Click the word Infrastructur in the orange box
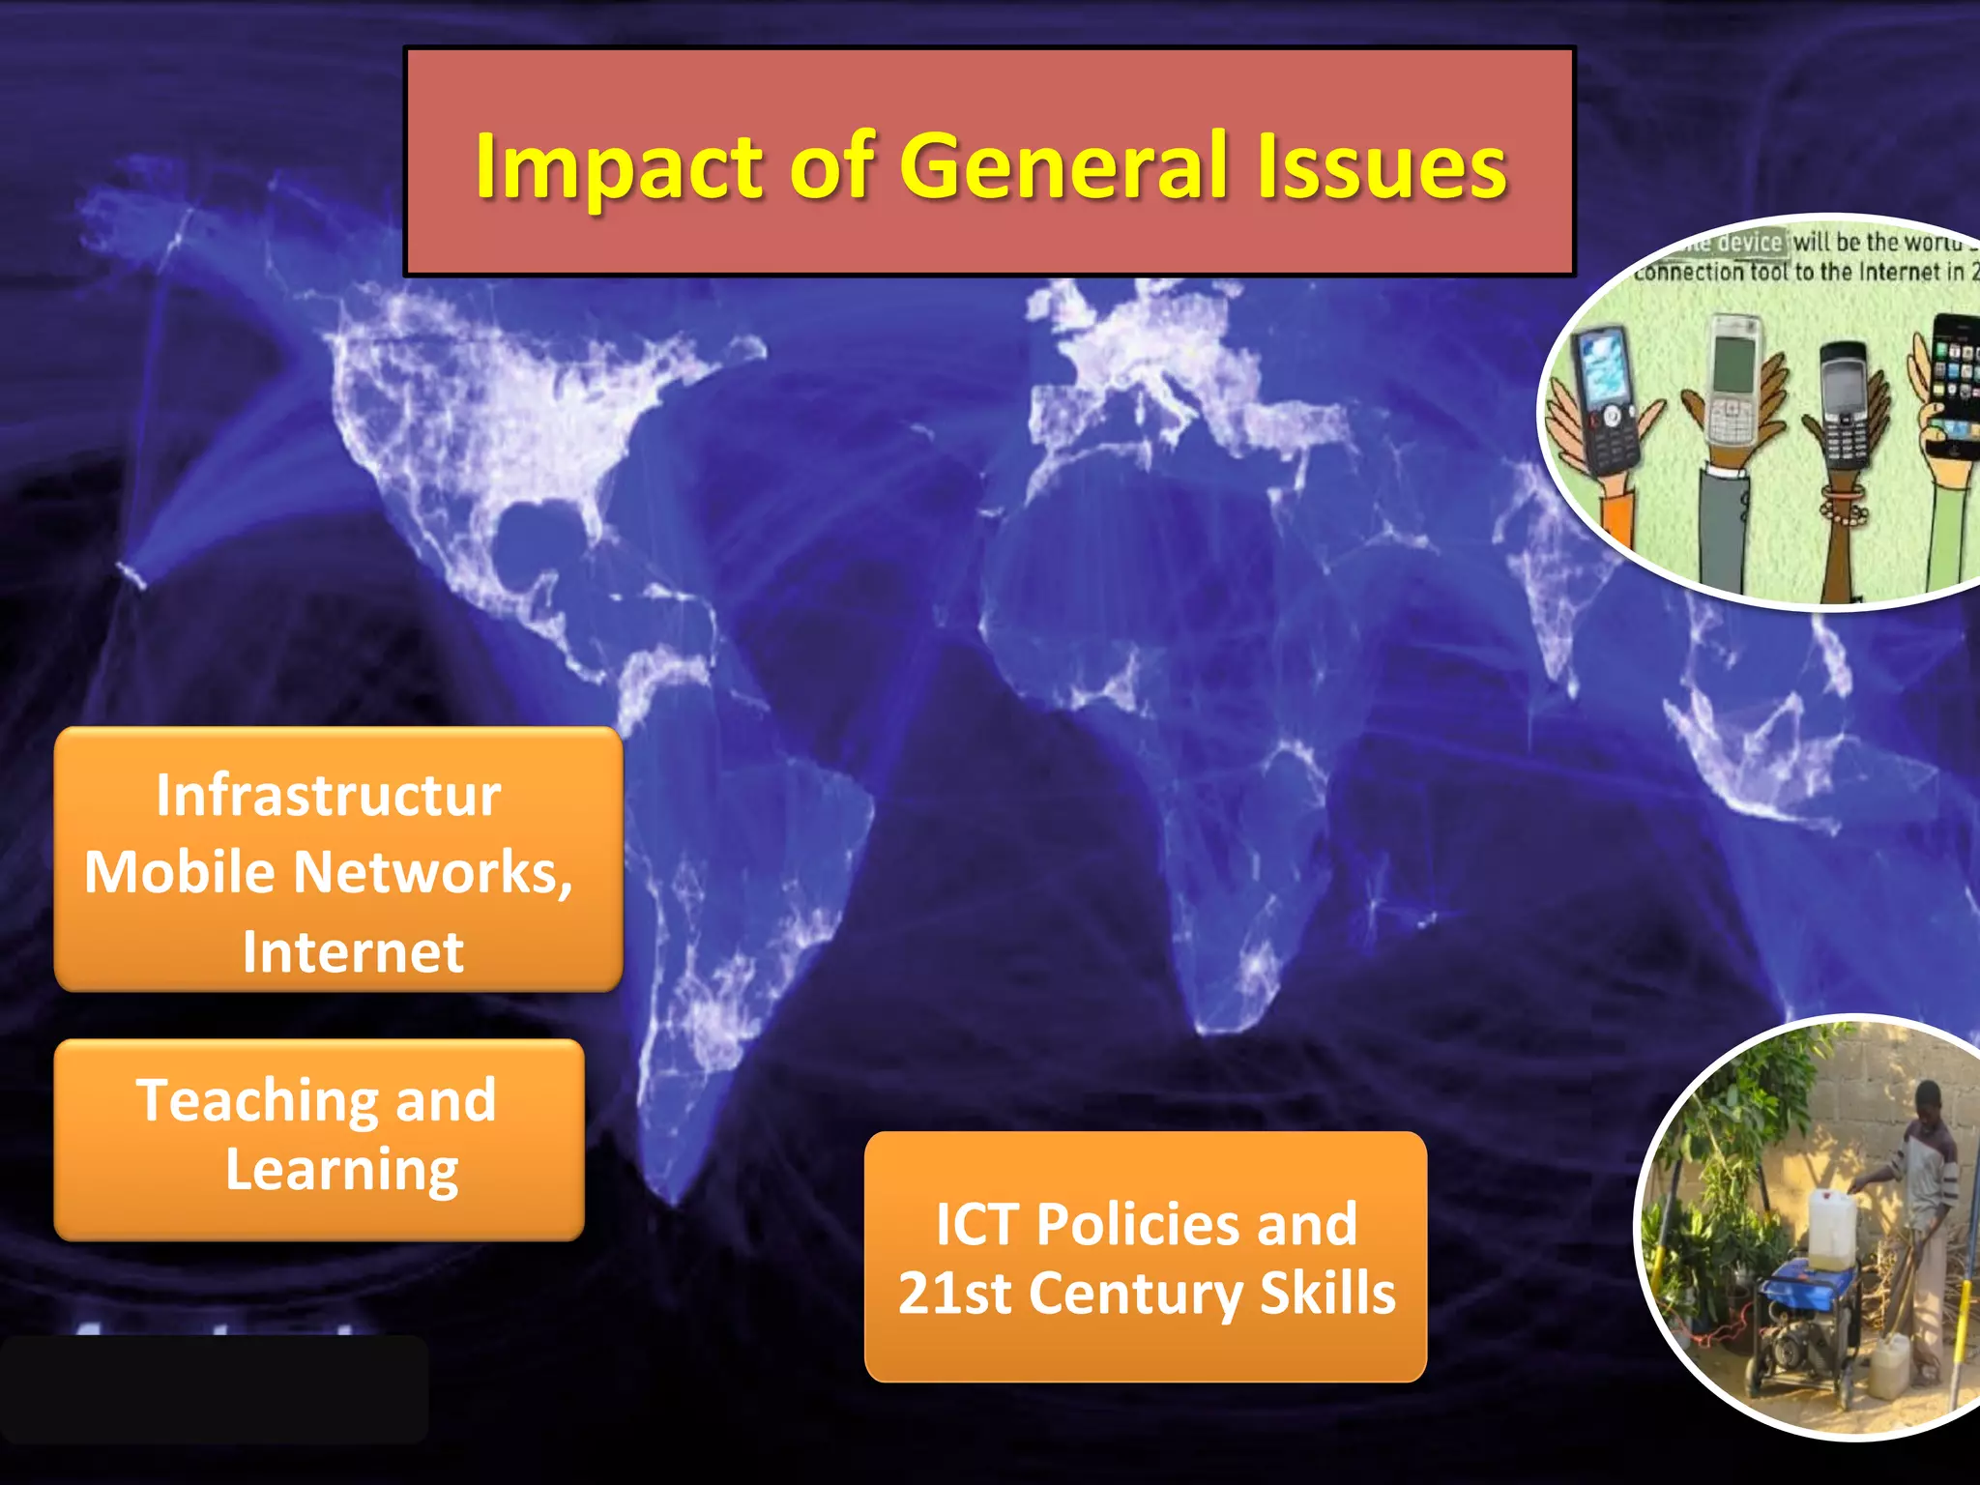click(329, 795)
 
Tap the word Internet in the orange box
click(353, 952)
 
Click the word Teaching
click(256, 1100)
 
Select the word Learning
click(341, 1171)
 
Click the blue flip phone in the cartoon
click(1605, 396)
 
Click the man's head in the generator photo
click(1927, 1099)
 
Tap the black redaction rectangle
click(214, 1389)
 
